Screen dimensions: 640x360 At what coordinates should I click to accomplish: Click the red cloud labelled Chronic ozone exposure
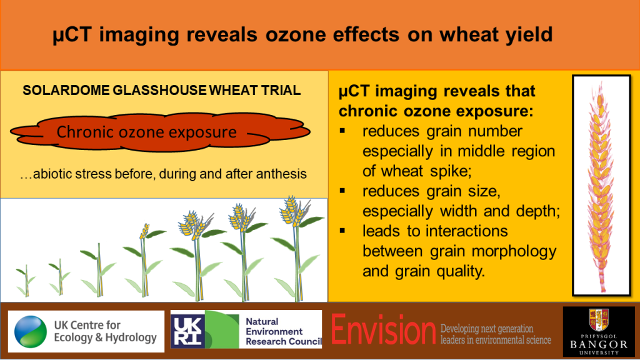pos(160,132)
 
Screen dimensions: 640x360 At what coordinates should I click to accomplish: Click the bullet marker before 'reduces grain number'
pos(342,131)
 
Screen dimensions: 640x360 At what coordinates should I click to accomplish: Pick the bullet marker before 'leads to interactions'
pos(342,231)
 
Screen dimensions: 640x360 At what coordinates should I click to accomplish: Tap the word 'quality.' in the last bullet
pos(461,271)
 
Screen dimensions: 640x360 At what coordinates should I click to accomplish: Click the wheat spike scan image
pos(601,185)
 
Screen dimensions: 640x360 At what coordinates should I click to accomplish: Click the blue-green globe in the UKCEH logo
pos(31,331)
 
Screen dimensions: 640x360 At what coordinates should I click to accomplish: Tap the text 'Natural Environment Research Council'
pos(284,331)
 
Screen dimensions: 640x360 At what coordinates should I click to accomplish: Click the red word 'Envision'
pos(383,329)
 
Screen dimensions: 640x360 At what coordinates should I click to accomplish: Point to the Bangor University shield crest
pos(599,320)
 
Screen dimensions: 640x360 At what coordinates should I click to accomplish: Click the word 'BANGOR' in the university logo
pos(599,344)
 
